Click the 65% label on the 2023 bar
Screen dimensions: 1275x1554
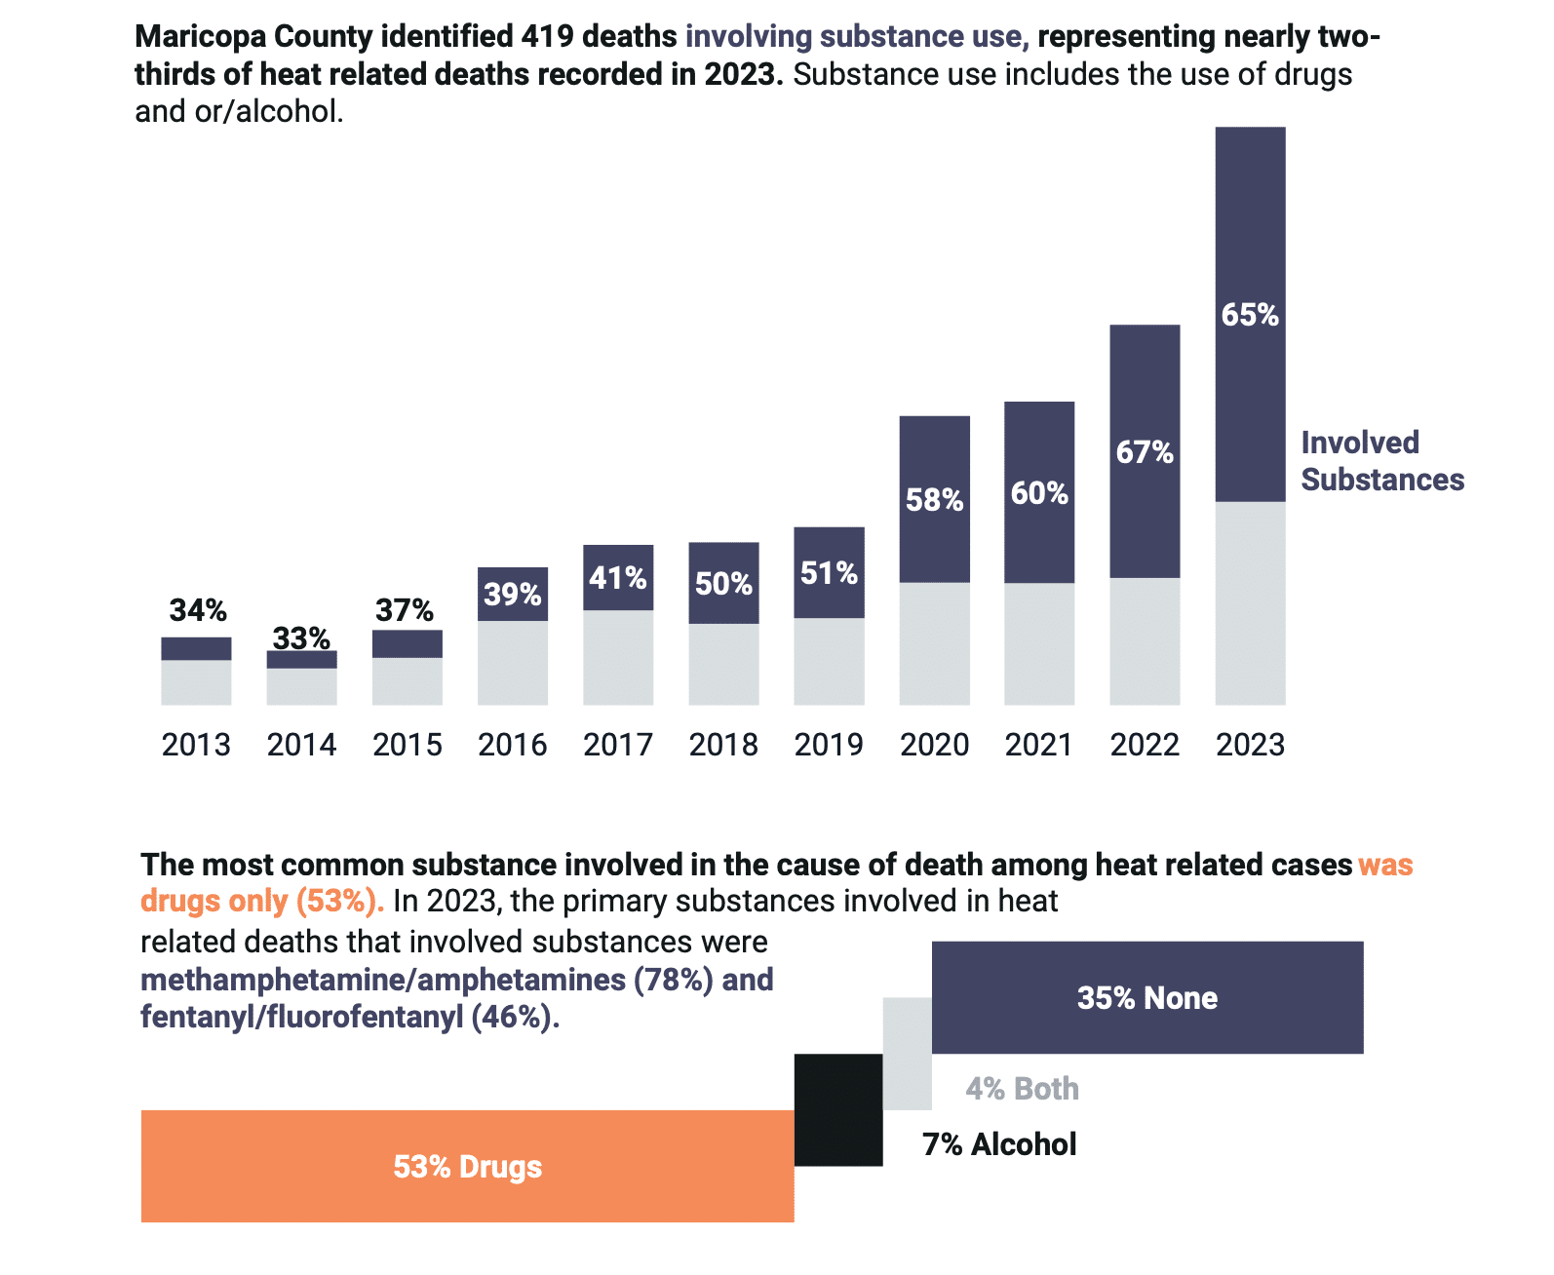pos(1250,315)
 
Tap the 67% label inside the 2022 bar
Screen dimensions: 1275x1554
pos(1145,452)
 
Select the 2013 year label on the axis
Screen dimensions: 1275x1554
pos(196,745)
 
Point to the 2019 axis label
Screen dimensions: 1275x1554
pos(829,745)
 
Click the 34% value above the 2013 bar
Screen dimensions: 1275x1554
pos(198,610)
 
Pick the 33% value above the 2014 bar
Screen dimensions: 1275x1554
pos(301,638)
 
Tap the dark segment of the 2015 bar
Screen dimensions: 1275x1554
pos(407,643)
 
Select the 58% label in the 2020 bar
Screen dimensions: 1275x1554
pos(934,500)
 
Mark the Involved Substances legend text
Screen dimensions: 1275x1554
pos(1381,461)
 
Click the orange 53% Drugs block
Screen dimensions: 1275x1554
pos(467,1166)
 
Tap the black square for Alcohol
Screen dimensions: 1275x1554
pos(838,1109)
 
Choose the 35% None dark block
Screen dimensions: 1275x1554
pos(1147,997)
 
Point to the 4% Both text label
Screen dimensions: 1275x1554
pos(1022,1089)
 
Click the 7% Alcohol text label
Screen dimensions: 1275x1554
pos(999,1144)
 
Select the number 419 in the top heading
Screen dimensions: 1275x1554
pos(549,36)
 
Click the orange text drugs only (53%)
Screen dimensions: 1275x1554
pos(262,901)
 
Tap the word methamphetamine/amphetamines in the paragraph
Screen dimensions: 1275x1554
pos(383,979)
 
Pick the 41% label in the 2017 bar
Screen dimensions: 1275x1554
pos(618,578)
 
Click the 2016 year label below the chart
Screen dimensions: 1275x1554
pos(512,745)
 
